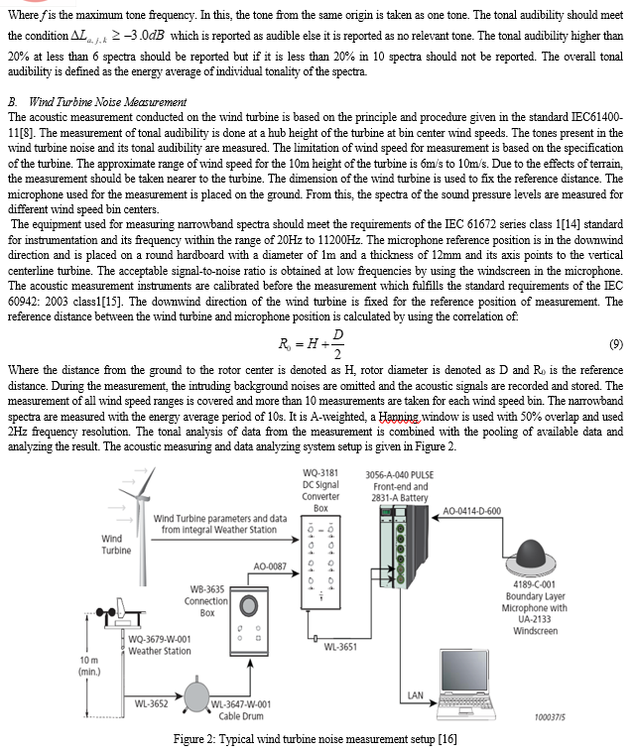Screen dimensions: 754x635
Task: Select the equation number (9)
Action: [615, 344]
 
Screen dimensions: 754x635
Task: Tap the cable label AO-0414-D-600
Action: [486, 510]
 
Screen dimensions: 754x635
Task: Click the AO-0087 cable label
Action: [270, 565]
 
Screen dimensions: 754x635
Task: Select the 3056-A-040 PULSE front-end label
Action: [397, 486]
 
